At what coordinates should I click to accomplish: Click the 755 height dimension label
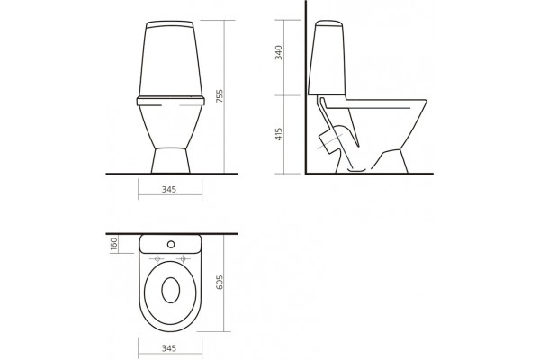point(220,96)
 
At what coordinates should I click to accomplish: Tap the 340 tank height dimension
point(278,52)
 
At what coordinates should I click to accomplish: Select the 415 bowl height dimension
point(279,134)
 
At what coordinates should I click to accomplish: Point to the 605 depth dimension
point(220,282)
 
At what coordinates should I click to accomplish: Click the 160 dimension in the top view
point(114,244)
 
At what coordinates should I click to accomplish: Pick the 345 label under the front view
point(169,189)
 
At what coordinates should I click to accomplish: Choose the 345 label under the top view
point(169,348)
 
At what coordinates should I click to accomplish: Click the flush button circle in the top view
point(171,244)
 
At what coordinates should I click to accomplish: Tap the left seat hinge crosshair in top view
point(157,258)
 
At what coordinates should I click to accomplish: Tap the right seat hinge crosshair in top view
point(184,258)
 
